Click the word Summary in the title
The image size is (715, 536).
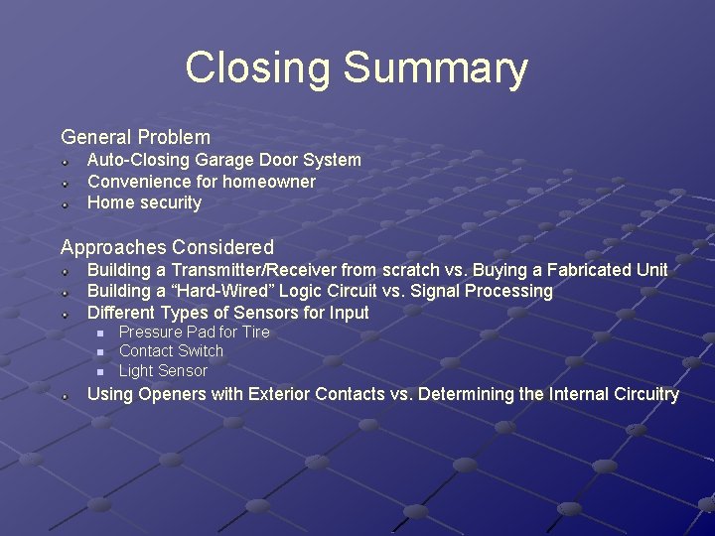[x=435, y=68]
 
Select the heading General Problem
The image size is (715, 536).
[x=136, y=137]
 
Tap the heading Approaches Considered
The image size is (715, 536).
[x=167, y=246]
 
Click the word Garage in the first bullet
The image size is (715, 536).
[x=226, y=160]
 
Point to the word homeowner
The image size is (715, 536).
[x=268, y=182]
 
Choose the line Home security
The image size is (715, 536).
[x=144, y=202]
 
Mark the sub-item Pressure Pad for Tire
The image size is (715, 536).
[x=194, y=332]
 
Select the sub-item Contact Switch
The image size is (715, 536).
[x=171, y=350]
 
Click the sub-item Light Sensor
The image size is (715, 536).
[x=163, y=370]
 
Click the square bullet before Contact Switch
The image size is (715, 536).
[x=99, y=351]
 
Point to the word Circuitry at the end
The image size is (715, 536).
[x=637, y=394]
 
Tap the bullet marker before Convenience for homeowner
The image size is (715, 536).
[x=63, y=182]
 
